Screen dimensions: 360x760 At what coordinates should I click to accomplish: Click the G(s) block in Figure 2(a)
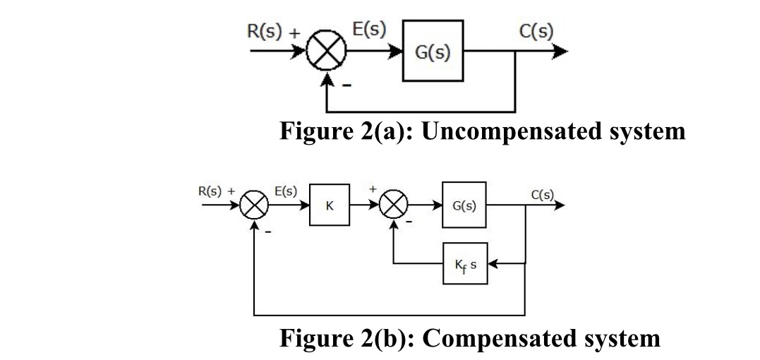click(x=433, y=52)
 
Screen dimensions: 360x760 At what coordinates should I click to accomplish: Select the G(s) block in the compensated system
click(x=464, y=206)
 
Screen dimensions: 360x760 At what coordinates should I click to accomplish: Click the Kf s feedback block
click(x=464, y=264)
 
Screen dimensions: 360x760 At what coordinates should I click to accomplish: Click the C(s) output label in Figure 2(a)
click(x=534, y=32)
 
